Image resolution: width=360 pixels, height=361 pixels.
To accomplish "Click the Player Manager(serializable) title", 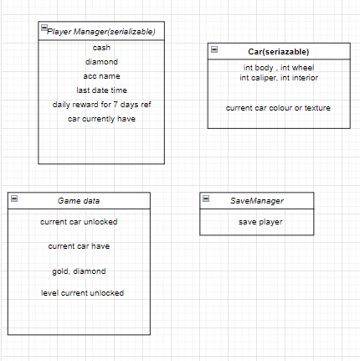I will pos(101,32).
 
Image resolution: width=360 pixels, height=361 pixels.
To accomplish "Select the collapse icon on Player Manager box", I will pos(44,29).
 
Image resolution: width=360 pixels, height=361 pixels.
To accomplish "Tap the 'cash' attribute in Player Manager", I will pos(101,48).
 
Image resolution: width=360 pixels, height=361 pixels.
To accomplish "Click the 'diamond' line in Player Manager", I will pos(101,61).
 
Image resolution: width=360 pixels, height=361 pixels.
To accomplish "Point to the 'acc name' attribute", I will pos(101,75).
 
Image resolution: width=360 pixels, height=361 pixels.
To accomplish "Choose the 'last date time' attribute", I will pos(101,90).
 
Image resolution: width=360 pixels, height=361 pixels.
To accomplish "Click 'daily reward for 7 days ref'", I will pos(101,104).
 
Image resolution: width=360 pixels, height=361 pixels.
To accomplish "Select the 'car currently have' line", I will pos(101,118).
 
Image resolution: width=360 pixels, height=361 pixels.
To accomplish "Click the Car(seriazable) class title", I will pos(279,52).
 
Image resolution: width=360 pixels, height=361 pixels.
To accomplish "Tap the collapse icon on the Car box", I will pos(213,50).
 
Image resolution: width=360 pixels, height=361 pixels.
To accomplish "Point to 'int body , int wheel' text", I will pos(279,68).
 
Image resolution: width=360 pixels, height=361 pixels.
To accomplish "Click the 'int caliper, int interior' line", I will pos(279,77).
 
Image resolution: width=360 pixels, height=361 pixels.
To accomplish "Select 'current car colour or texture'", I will pos(279,108).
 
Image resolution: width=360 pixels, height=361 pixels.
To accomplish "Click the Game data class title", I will pos(79,201).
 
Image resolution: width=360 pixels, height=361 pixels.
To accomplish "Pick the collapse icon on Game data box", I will pos(14,199).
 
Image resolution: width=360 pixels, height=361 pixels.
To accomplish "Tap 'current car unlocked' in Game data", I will pos(79,222).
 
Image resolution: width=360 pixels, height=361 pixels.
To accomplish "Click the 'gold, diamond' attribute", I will pos(79,271).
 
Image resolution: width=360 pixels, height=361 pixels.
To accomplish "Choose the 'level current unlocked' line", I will pos(82,293).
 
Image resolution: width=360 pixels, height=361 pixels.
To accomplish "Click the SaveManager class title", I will pos(257,201).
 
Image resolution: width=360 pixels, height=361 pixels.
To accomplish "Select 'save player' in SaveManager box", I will pos(260,222).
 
